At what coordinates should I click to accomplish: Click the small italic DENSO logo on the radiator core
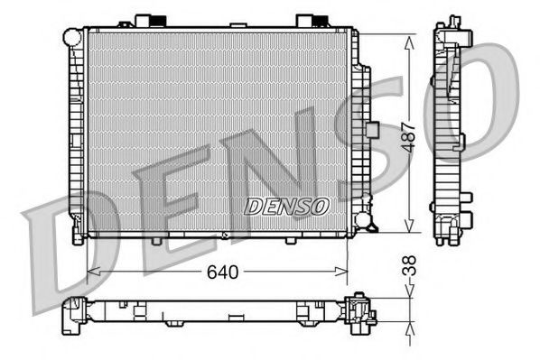coord(286,206)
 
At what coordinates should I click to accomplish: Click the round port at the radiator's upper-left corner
coord(72,37)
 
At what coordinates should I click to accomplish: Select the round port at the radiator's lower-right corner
coord(362,220)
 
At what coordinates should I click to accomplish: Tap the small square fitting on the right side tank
coord(370,128)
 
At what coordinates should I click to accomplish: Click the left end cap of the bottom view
coord(72,312)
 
